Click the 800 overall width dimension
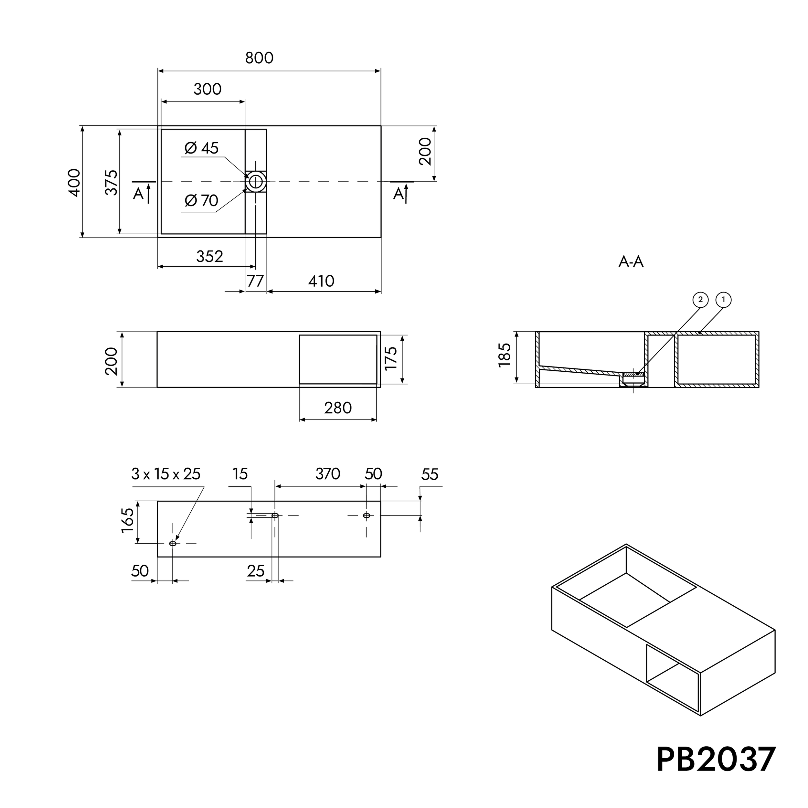259,58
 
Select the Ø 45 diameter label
202,148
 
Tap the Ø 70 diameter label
202,201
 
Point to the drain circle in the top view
256,182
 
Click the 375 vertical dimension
112,182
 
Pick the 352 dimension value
209,256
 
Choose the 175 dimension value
391,358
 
